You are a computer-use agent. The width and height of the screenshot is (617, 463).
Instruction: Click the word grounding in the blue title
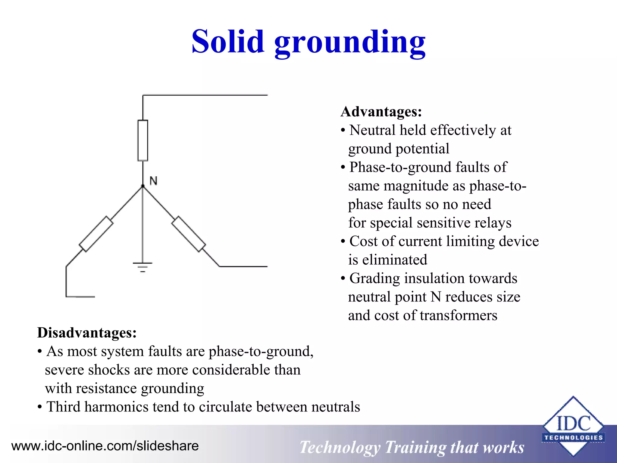coord(350,44)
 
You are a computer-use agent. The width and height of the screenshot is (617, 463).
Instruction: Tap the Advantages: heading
coord(381,112)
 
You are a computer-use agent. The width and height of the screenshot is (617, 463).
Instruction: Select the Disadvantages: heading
coord(87,333)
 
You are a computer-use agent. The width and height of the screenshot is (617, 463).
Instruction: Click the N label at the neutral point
coord(153,181)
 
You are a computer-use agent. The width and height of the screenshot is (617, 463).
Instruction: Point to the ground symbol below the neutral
coord(143,267)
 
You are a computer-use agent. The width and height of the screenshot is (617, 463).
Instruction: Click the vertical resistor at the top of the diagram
coord(143,140)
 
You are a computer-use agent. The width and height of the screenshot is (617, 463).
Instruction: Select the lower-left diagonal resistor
coord(96,234)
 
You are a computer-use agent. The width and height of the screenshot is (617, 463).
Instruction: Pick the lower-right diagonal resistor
coord(189,234)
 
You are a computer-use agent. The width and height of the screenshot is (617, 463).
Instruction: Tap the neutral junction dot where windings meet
coord(143,186)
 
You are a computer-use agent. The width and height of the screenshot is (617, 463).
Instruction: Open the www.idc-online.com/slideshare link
coord(105,446)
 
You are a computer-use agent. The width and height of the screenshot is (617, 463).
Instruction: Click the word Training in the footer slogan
coord(415,448)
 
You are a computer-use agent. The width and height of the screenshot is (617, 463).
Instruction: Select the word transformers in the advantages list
coord(459,316)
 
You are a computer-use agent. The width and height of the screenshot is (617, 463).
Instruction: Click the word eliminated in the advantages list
coord(395,260)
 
